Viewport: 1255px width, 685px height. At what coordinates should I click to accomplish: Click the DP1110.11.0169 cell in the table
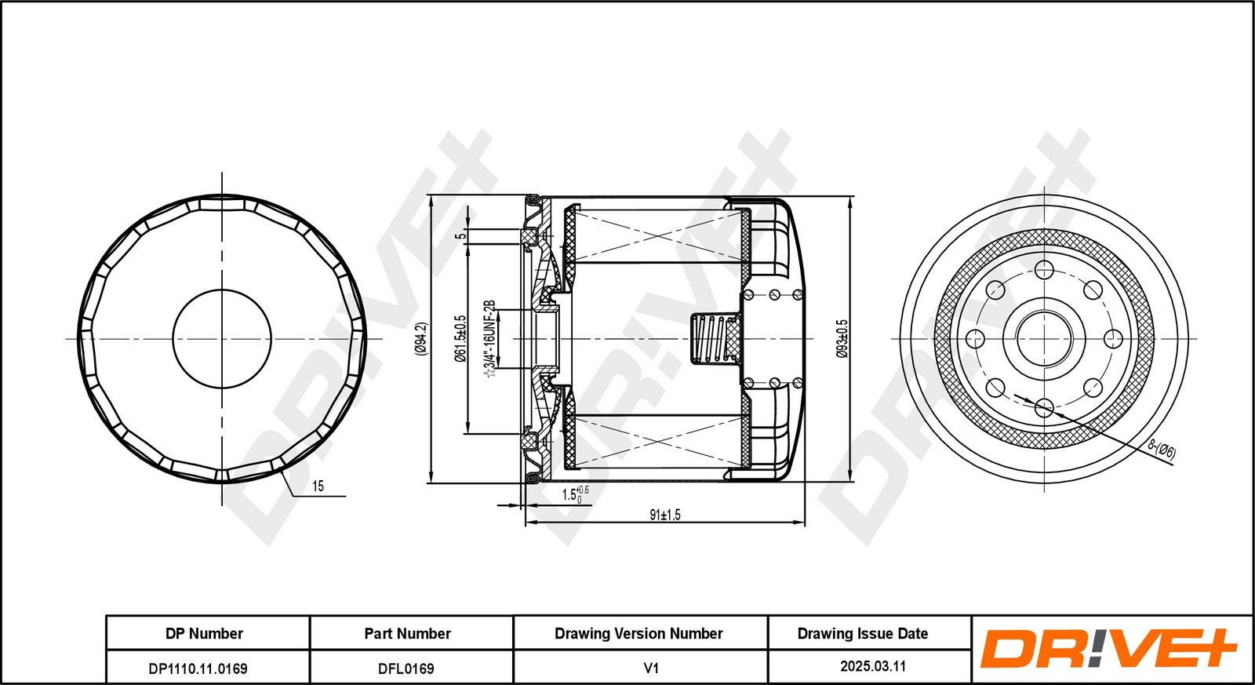[198, 669]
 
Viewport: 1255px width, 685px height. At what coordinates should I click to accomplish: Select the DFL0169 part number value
[406, 669]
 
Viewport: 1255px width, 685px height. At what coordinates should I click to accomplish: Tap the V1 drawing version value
[650, 668]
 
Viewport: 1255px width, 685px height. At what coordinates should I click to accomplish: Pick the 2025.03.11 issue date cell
[873, 666]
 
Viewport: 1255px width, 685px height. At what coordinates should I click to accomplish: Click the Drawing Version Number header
[638, 633]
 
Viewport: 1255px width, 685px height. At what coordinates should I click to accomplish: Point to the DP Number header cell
[204, 633]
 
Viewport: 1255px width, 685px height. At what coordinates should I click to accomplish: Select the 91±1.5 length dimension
[665, 515]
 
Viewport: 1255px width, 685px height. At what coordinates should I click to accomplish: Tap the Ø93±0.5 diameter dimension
[842, 339]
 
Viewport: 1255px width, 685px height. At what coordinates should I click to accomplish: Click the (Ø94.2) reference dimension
[420, 339]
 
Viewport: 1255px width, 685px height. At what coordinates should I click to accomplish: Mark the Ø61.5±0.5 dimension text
[460, 339]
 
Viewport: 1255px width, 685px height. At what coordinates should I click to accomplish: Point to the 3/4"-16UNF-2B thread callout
[490, 338]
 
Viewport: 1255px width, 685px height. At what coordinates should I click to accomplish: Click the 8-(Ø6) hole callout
[1162, 450]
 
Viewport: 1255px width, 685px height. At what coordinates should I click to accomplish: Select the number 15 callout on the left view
[318, 486]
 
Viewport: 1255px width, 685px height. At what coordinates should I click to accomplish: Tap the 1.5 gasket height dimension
[573, 495]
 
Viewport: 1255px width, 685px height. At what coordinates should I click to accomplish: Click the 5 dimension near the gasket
[462, 234]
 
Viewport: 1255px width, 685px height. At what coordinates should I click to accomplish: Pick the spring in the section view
[711, 339]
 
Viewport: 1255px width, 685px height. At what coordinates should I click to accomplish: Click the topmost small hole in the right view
[1044, 270]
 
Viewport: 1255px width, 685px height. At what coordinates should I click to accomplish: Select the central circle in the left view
[222, 339]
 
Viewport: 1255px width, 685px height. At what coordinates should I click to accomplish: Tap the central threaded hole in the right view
[1044, 339]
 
